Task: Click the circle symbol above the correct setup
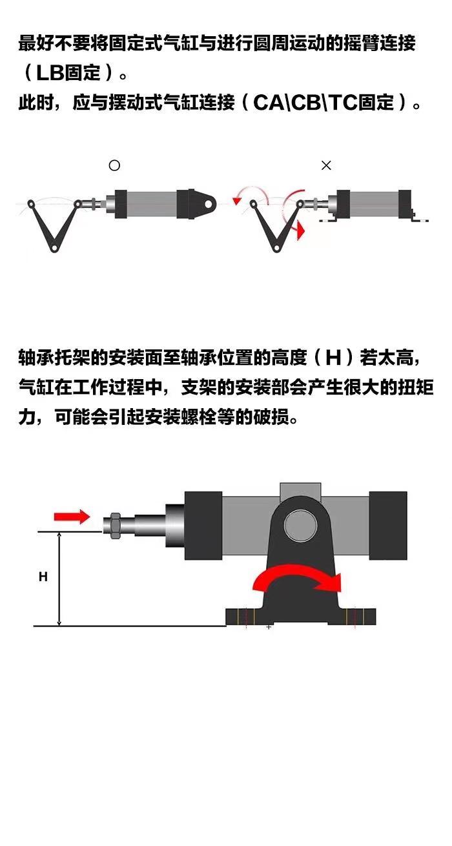coord(114,165)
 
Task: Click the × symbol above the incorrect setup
coord(326,165)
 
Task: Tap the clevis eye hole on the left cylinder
coord(209,204)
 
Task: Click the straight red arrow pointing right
coord(71,517)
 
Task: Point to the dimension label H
coord(43,577)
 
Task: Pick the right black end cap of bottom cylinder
coord(389,525)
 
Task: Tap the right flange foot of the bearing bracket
coord(358,617)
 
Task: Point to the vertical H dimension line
coord(59,579)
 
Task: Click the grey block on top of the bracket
coord(301,491)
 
